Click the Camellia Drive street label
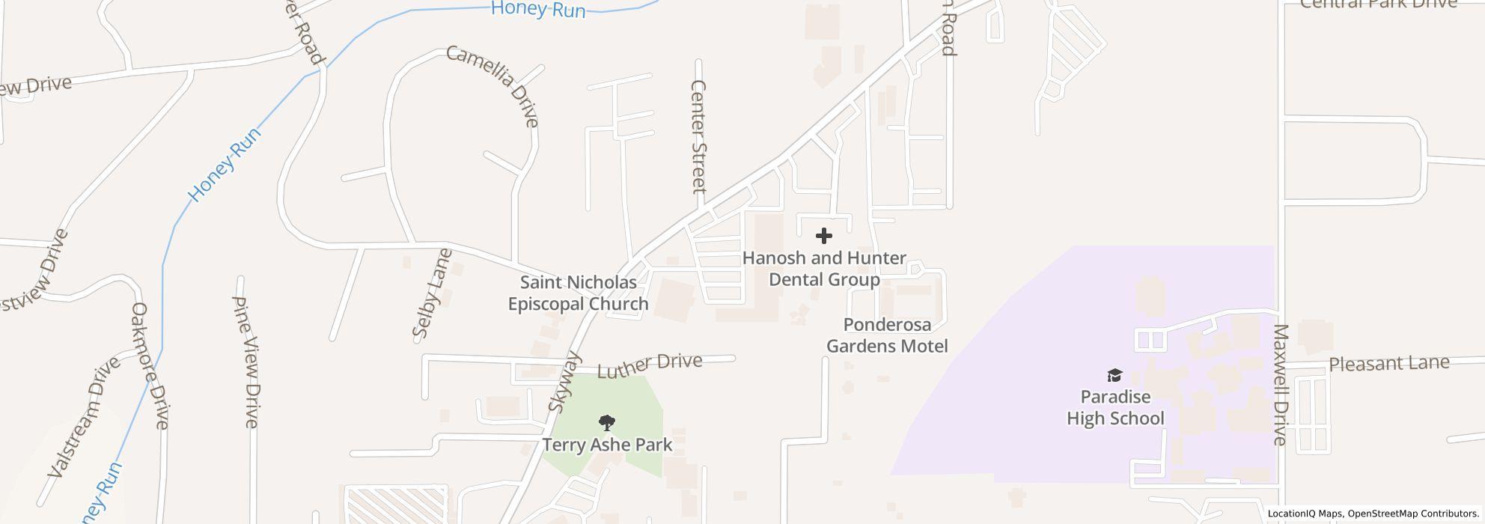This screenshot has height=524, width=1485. point(492,85)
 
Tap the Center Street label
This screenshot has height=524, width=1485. point(699,136)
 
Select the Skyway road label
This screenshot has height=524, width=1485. point(564,382)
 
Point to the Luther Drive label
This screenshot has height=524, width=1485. point(650,365)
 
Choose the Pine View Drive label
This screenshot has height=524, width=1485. point(246,362)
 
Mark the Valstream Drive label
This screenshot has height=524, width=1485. point(84,417)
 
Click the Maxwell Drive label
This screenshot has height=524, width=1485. point(1280,384)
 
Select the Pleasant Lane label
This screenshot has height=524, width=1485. point(1388,364)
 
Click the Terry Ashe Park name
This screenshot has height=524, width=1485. point(607,445)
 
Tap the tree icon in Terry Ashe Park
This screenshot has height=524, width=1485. point(608,423)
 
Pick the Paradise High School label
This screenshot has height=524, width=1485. point(1115,407)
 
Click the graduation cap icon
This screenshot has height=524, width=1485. point(1115,375)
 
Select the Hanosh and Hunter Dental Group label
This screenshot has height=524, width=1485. point(824,269)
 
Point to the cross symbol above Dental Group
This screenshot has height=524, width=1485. point(824,236)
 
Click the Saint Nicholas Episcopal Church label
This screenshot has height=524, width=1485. point(578,293)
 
